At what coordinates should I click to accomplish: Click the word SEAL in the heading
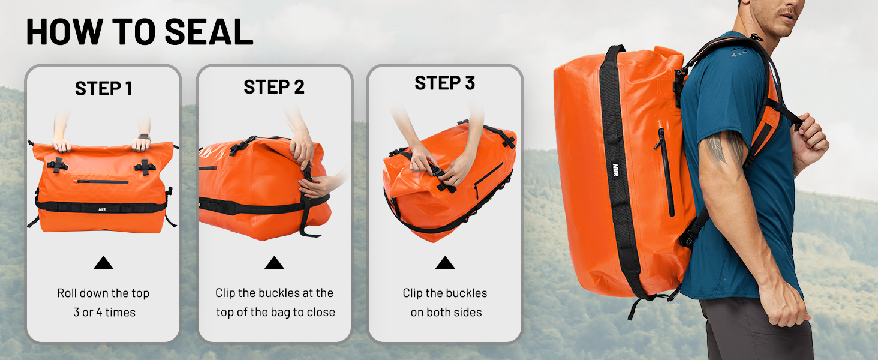(209, 32)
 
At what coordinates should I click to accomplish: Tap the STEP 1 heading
(104, 89)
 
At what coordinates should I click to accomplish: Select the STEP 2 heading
(274, 87)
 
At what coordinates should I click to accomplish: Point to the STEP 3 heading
(445, 83)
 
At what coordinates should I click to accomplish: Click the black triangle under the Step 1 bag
(104, 263)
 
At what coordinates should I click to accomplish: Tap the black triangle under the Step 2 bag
(275, 263)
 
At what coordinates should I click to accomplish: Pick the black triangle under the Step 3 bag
(445, 263)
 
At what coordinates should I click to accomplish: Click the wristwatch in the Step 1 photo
(145, 137)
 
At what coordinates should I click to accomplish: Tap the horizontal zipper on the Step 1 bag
(103, 182)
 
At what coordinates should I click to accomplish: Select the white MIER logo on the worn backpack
(615, 170)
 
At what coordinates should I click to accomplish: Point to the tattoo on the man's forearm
(725, 149)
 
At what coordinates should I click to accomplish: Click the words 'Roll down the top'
(103, 293)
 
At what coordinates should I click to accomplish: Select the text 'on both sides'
(446, 313)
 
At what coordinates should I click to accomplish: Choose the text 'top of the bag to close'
(275, 313)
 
